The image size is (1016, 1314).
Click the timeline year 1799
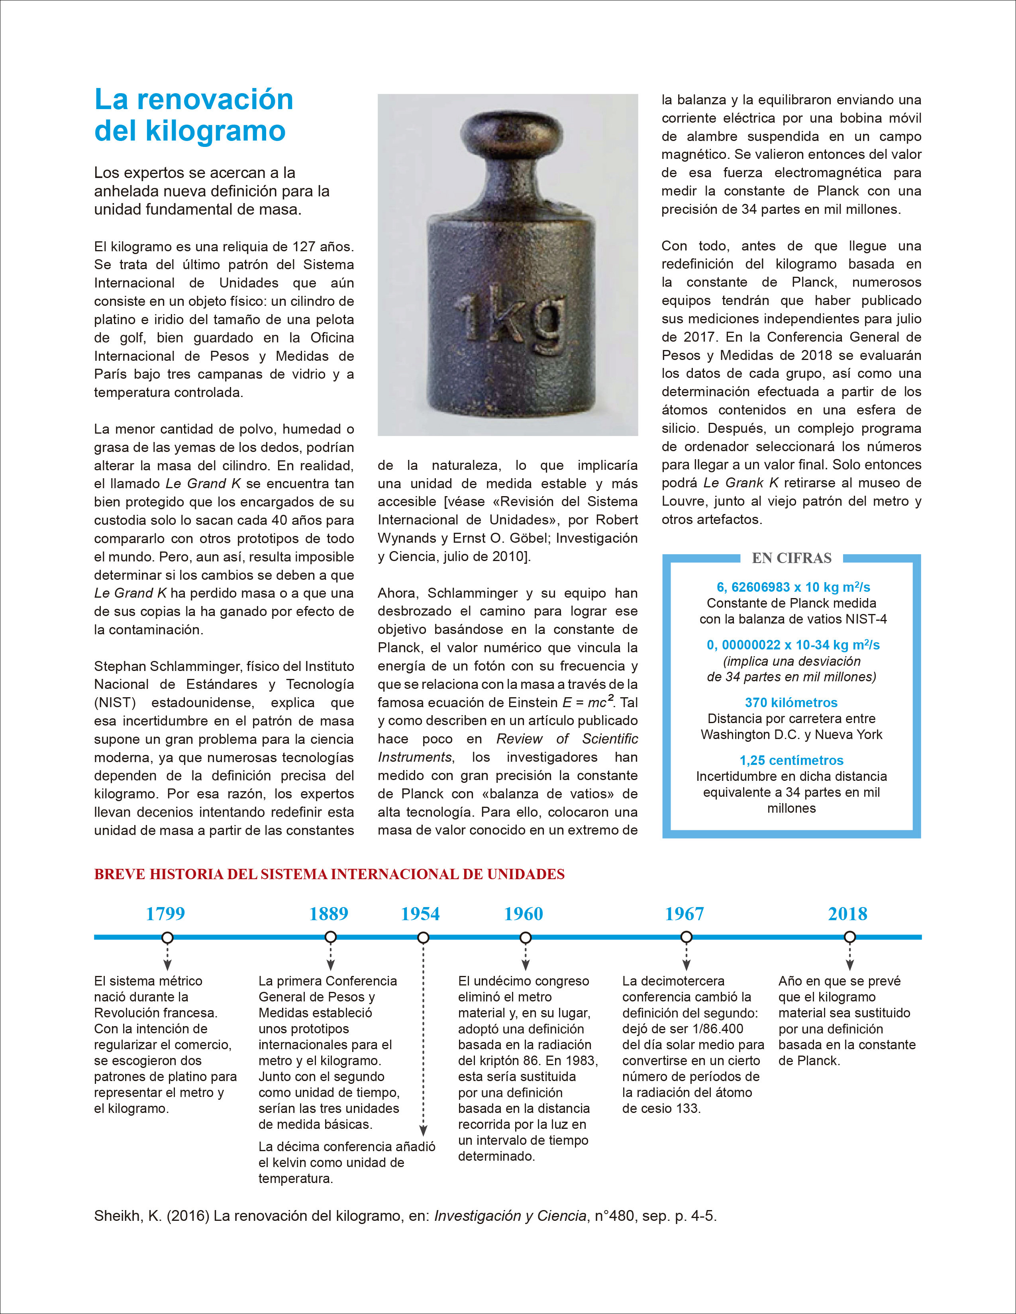click(165, 914)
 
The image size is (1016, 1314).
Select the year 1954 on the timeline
click(420, 914)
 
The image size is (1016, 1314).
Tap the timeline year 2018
click(847, 914)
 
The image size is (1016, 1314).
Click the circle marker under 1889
click(330, 937)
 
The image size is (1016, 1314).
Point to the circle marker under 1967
click(686, 937)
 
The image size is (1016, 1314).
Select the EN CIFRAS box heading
click(792, 558)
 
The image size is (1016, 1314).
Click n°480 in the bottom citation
click(614, 1216)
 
